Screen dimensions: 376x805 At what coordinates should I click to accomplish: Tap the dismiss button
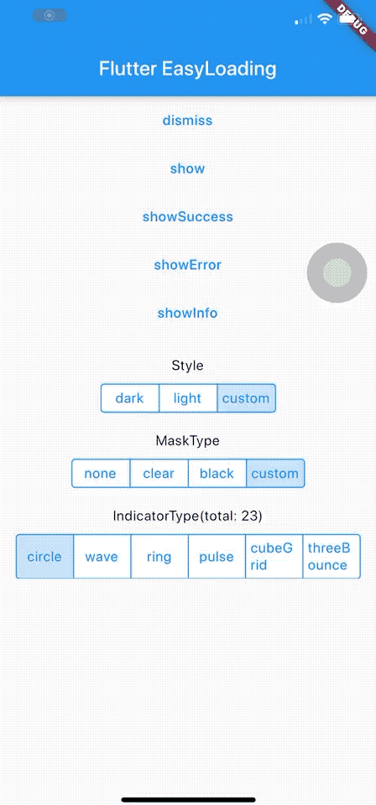(187, 121)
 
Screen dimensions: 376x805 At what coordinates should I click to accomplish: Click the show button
(187, 169)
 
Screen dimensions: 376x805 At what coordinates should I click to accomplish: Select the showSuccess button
(187, 216)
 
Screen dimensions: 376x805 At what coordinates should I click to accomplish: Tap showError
(187, 265)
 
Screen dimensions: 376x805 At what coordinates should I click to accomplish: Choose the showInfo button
(187, 313)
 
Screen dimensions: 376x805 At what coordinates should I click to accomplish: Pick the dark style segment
(130, 398)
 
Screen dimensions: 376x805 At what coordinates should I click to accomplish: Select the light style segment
(187, 398)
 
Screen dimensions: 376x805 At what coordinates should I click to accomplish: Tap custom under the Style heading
(246, 398)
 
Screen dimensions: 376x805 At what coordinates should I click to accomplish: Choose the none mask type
(101, 473)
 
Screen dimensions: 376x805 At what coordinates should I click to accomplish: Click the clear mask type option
(159, 473)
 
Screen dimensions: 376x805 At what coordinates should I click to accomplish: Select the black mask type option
(217, 473)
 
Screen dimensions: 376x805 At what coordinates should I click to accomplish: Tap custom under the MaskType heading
(275, 473)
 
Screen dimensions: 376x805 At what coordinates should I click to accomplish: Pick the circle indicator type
(44, 557)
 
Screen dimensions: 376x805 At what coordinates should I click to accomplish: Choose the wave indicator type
(102, 557)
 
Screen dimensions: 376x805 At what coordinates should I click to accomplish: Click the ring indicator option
(159, 557)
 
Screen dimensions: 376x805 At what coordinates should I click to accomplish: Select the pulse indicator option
(217, 557)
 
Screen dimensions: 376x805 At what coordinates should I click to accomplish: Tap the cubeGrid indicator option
(274, 557)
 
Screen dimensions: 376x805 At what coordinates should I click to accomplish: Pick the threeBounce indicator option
(332, 557)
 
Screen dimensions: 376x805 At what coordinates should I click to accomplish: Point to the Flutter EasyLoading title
(187, 69)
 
